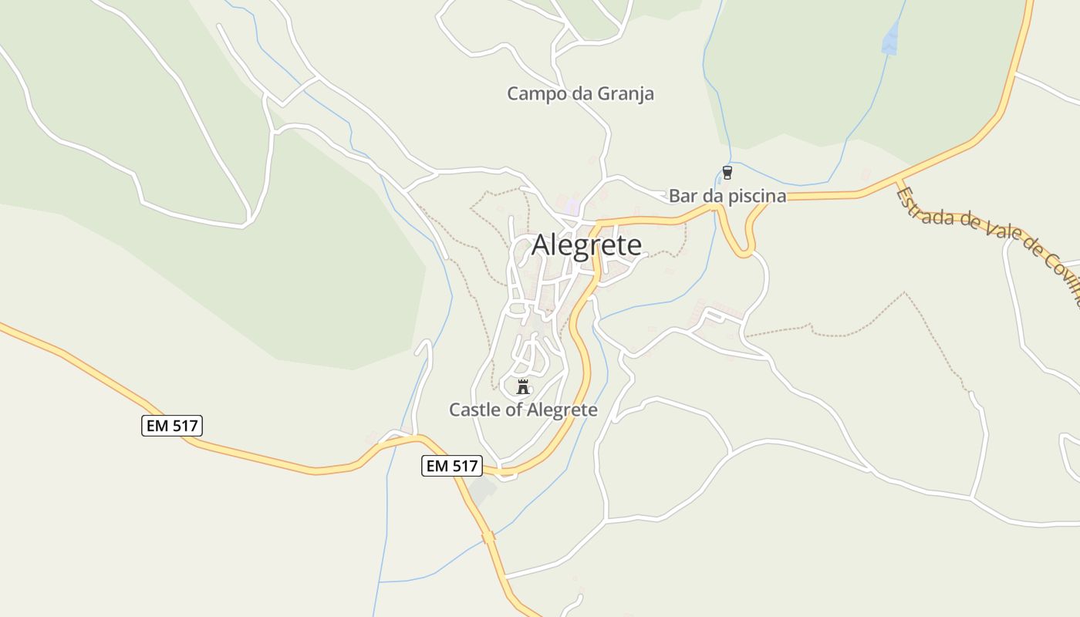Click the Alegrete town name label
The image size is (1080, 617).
(586, 244)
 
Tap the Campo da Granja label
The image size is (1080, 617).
(580, 94)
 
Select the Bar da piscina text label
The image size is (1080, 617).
(727, 196)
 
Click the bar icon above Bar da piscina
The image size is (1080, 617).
(727, 172)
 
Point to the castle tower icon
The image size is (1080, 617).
(523, 386)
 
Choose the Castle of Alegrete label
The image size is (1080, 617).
(523, 410)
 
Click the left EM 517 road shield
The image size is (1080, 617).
(172, 426)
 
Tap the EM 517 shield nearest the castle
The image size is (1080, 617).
(452, 466)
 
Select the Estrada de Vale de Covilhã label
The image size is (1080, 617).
(987, 238)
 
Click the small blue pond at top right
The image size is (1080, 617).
(890, 39)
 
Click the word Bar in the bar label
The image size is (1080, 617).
(682, 196)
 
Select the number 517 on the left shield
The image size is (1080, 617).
(184, 426)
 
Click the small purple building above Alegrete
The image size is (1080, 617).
(572, 206)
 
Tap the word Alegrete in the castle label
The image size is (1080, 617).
(562, 410)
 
